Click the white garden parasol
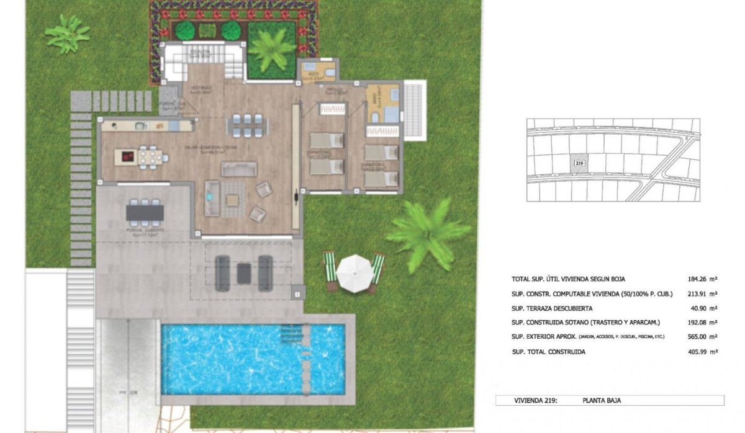pyautogui.click(x=354, y=271)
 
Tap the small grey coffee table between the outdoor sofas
pyautogui.click(x=244, y=274)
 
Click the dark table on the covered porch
pyautogui.click(x=145, y=213)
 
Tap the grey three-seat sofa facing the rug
pyautogui.click(x=239, y=169)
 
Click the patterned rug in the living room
pyautogui.click(x=233, y=199)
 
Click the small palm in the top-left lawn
pyautogui.click(x=67, y=33)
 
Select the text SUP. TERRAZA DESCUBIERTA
pyautogui.click(x=551, y=308)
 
